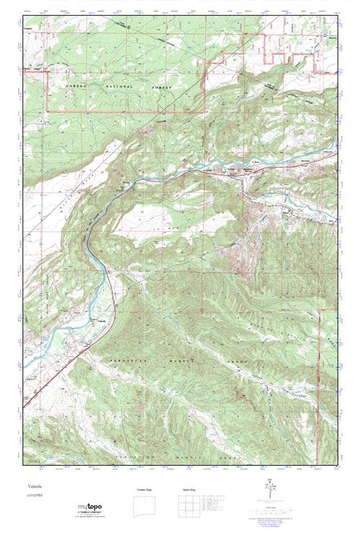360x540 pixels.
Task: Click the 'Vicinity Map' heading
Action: click(x=145, y=489)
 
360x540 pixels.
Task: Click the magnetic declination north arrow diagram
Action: click(x=269, y=492)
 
